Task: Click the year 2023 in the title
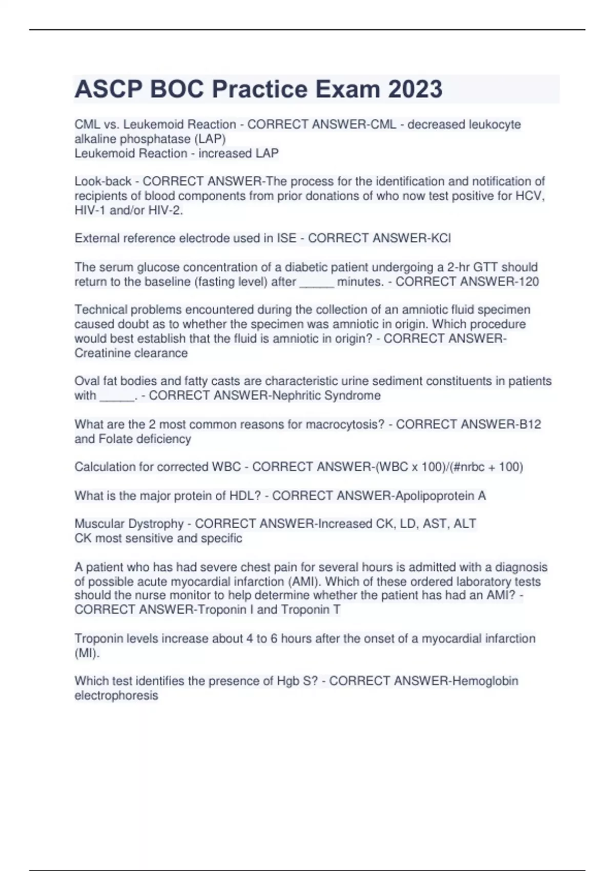coord(415,89)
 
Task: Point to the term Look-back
coord(103,181)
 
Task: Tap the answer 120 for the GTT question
coord(528,281)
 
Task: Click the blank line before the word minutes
coord(316,282)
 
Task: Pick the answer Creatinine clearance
coord(131,353)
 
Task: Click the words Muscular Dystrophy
coord(129,524)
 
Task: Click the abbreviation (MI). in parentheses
coord(87,653)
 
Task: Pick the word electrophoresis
coord(116,695)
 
